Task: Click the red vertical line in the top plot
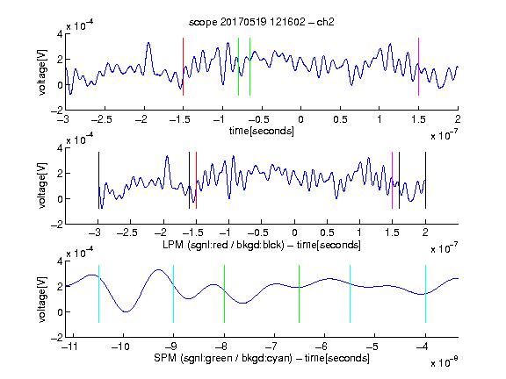click(183, 67)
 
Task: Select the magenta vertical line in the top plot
click(418, 67)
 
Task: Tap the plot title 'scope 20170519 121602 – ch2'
click(262, 22)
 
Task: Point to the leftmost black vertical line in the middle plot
click(98, 181)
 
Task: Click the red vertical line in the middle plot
click(196, 181)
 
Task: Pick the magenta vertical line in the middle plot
click(392, 181)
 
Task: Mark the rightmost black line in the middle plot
click(425, 181)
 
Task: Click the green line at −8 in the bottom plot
click(224, 294)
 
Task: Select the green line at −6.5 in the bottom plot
click(300, 294)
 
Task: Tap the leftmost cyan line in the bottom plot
click(98, 294)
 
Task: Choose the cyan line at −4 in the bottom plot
click(425, 294)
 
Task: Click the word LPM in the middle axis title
click(173, 245)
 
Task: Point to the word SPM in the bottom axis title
click(165, 358)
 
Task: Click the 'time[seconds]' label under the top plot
click(262, 131)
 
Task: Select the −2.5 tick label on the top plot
click(101, 119)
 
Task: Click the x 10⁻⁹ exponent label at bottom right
click(445, 362)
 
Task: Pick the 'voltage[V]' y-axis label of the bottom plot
click(42, 299)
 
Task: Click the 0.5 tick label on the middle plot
click(327, 232)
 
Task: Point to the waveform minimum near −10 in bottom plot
click(126, 311)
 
